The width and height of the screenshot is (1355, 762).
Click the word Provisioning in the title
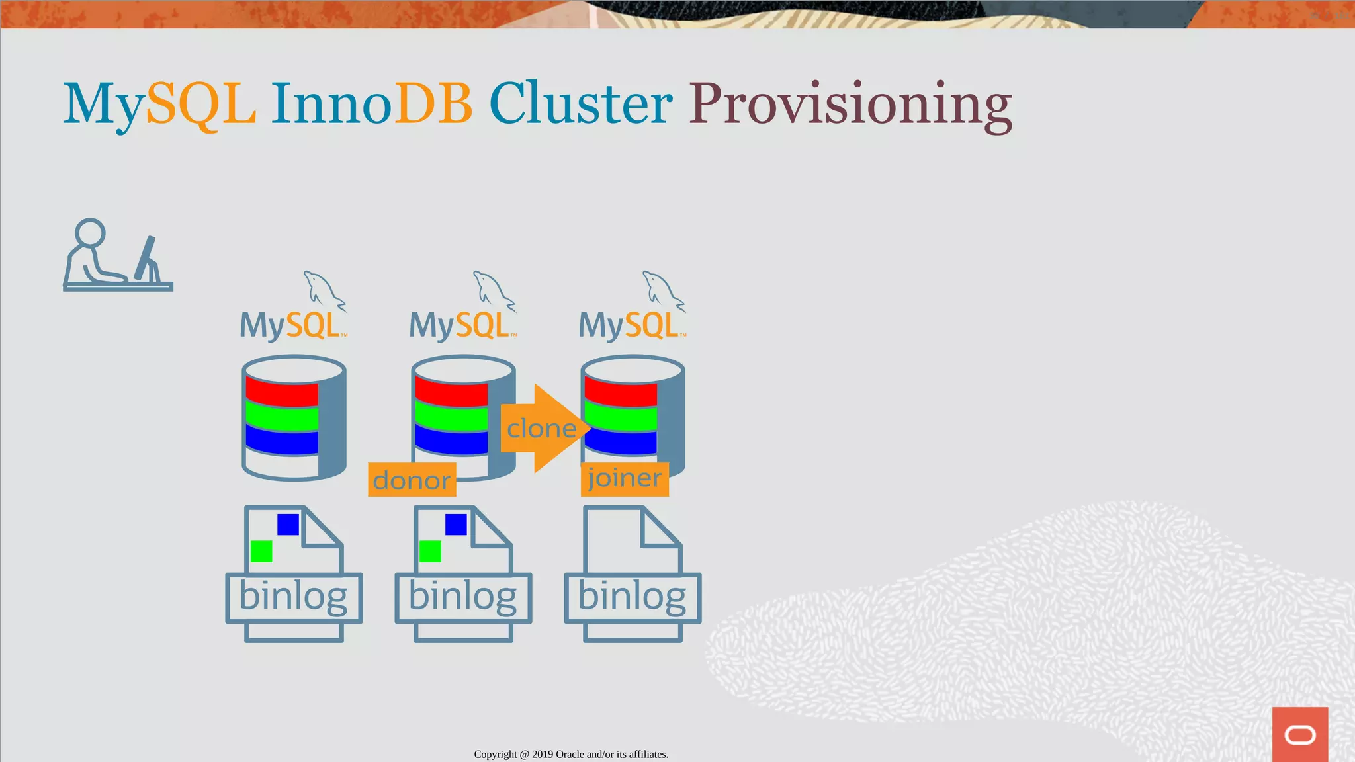pyautogui.click(x=850, y=105)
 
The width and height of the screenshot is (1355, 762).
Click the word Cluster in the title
pyautogui.click(x=580, y=105)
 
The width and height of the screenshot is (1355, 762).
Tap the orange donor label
pyautogui.click(x=412, y=480)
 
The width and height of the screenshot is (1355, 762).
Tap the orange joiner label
pyautogui.click(x=625, y=478)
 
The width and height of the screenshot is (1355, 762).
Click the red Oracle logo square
pyautogui.click(x=1299, y=734)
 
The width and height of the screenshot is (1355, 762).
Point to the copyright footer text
pyautogui.click(x=571, y=754)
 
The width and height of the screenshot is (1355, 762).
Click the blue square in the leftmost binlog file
pyautogui.click(x=288, y=525)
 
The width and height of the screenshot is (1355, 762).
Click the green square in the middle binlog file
pyautogui.click(x=430, y=551)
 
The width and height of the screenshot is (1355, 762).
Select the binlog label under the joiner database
pyautogui.click(x=632, y=597)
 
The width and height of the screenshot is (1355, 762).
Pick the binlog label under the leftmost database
pyautogui.click(x=293, y=597)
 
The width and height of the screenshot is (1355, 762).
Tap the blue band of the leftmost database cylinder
pyautogui.click(x=282, y=440)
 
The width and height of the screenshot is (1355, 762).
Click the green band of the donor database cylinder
pyautogui.click(x=451, y=417)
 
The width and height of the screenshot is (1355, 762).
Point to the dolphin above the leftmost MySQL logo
pyautogui.click(x=323, y=290)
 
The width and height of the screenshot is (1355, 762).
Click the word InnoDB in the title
pyautogui.click(x=371, y=105)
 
